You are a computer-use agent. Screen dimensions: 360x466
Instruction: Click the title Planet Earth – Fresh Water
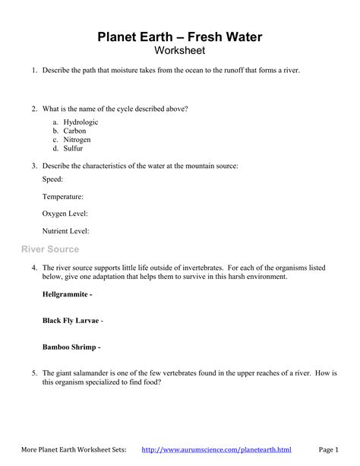180,36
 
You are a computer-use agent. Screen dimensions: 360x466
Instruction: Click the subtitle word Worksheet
180,50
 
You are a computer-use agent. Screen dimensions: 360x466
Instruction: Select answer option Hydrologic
81,122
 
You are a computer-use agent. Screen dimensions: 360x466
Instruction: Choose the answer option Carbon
75,131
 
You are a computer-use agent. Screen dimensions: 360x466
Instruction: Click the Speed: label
53,179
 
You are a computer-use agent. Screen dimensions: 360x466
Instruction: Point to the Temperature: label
63,196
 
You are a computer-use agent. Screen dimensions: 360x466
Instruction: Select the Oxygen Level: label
65,214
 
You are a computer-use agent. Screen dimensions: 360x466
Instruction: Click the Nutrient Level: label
66,230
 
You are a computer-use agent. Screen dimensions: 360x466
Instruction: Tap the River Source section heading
49,249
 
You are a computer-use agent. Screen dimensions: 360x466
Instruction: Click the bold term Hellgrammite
66,293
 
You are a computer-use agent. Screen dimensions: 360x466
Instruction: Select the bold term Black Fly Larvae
71,320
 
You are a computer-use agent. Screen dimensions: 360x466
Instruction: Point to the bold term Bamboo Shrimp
68,347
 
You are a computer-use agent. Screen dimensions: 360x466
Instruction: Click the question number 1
34,70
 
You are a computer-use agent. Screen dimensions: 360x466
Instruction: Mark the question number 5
34,373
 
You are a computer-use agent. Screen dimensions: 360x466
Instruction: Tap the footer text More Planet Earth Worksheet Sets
74,450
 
